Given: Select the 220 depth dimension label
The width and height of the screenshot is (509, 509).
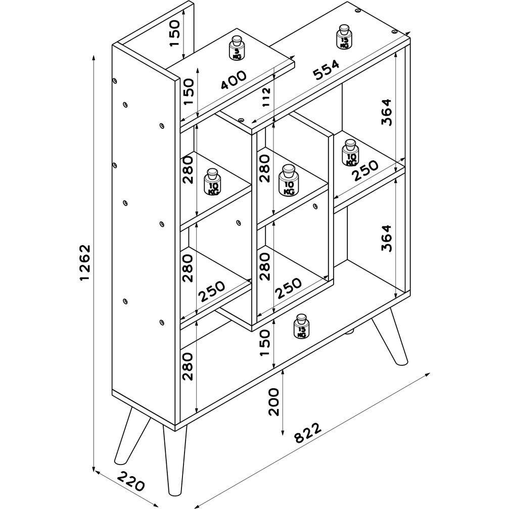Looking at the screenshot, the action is [x=130, y=481].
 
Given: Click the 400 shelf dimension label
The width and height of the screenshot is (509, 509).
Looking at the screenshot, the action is [x=234, y=80].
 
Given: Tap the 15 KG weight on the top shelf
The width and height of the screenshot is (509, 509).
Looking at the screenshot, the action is [x=344, y=37].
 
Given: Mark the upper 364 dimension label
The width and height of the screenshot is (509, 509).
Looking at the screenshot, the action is [x=387, y=112].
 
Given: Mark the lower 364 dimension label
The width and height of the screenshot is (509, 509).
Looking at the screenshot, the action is [x=387, y=238].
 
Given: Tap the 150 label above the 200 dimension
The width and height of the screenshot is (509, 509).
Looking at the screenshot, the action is [x=265, y=343].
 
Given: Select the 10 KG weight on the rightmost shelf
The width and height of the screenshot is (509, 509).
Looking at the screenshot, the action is [x=350, y=153].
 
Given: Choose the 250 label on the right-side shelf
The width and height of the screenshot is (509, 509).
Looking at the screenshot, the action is [x=365, y=170].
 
